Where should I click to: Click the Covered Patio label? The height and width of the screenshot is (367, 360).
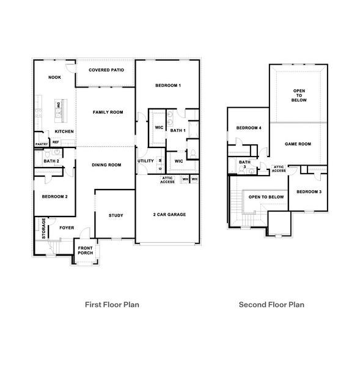pyautogui.click(x=106, y=70)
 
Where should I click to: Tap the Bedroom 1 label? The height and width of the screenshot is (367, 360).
pyautogui.click(x=167, y=85)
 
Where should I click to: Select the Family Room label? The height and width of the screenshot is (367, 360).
pyautogui.click(x=108, y=113)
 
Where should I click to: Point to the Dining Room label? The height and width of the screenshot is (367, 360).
pyautogui.click(x=106, y=165)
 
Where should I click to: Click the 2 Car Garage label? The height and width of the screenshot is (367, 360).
pyautogui.click(x=169, y=215)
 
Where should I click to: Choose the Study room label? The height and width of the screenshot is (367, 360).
pyautogui.click(x=116, y=215)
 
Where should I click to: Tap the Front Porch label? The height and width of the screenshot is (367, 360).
pyautogui.click(x=85, y=251)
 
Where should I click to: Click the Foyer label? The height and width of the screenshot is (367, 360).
pyautogui.click(x=66, y=228)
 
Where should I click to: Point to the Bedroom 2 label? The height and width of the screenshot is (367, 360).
pyautogui.click(x=54, y=197)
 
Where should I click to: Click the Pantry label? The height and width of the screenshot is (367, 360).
pyautogui.click(x=42, y=144)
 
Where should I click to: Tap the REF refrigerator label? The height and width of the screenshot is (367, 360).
pyautogui.click(x=56, y=142)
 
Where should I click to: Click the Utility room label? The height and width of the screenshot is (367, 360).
pyautogui.click(x=146, y=161)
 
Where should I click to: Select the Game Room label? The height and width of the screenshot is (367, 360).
pyautogui.click(x=298, y=144)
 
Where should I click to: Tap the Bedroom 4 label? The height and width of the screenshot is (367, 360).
pyautogui.click(x=248, y=128)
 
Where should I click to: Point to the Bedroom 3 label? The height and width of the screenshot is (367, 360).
pyautogui.click(x=309, y=192)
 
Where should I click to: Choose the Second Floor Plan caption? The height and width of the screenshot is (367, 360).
pyautogui.click(x=271, y=304)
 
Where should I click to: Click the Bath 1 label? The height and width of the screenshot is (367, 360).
pyautogui.click(x=178, y=130)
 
